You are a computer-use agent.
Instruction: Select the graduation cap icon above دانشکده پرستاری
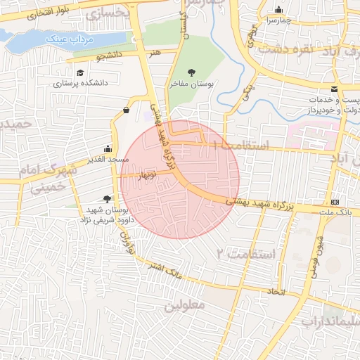pos(80,72)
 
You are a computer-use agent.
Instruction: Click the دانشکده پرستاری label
pos(81,83)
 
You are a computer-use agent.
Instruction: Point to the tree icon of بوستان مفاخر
pos(193,72)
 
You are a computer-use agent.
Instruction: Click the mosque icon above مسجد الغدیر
pos(107,148)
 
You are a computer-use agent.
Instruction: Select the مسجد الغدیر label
pos(107,159)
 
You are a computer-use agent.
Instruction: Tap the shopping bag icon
pos(126,110)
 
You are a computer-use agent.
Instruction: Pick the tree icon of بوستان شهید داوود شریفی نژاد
pos(106,200)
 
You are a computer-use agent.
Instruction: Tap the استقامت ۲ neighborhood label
pos(240,252)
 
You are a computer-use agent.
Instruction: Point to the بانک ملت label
pos(335,211)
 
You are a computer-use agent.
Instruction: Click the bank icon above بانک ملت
pos(335,201)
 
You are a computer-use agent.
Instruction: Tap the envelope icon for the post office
pos(334,89)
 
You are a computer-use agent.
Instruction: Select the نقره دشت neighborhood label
pos(285,50)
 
